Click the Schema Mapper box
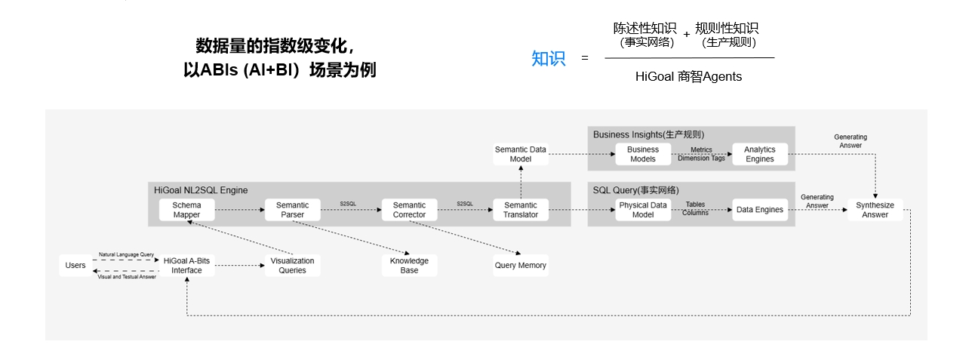186,210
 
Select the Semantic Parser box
292,210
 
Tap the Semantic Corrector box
409,210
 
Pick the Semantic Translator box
521,210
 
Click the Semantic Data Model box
521,154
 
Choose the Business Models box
643,154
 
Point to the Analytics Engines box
759,154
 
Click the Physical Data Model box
643,210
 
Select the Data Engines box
759,210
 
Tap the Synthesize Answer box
875,210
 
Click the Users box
75,266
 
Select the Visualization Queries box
292,266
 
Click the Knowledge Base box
409,266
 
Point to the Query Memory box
521,266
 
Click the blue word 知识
549,59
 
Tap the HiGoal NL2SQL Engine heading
201,190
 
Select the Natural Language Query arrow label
127,255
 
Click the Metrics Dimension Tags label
701,154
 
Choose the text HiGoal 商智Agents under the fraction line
688,77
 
